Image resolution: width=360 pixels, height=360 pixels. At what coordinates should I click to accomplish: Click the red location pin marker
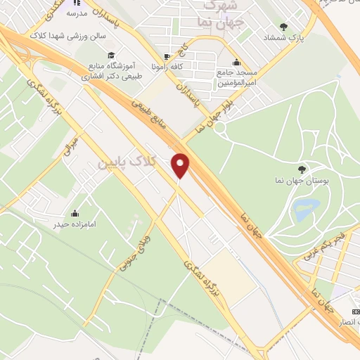pos(181,166)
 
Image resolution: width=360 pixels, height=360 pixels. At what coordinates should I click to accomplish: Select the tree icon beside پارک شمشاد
pos(283,26)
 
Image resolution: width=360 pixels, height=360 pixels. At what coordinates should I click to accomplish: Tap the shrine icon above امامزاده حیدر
pos(75,213)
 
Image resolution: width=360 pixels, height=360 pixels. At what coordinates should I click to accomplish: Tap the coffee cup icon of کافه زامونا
pos(166,57)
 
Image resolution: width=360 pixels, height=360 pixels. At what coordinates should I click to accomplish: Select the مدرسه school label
pos(77,13)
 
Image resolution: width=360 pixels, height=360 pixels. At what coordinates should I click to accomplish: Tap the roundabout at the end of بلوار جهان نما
pos(220,128)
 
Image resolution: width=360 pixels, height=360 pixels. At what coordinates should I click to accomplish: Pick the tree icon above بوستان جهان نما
pos(302,169)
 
